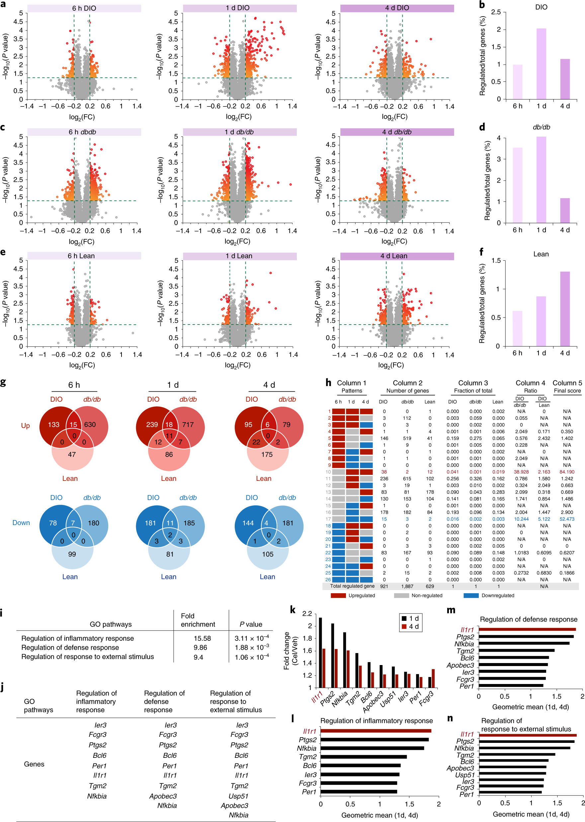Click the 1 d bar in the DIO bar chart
coord(541,64)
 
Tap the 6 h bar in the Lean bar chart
coord(517,329)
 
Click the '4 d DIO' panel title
coord(397,8)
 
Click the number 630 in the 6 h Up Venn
coord(90,425)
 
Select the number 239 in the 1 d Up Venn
coord(152,425)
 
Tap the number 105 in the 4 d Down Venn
coord(268,554)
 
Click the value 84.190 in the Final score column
coord(567,472)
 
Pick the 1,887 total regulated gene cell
coord(407,586)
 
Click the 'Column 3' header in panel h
coord(473,383)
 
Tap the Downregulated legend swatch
coord(471,596)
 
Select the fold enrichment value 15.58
coord(202,638)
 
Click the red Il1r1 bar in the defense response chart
coord(527,629)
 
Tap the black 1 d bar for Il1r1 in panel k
coord(320,652)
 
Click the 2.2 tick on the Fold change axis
coord(307,614)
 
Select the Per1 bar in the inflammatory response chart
coord(359,792)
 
